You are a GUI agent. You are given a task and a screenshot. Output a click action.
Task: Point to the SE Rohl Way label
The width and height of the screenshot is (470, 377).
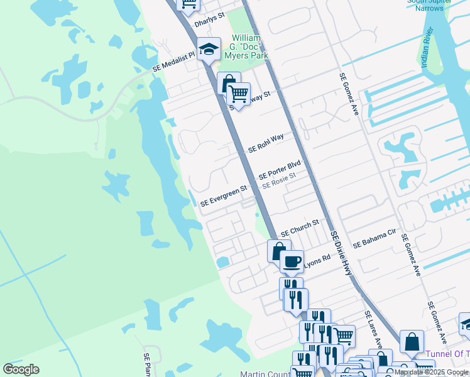click(266, 143)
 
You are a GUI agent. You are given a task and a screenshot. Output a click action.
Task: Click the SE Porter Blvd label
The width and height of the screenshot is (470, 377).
click(280, 170)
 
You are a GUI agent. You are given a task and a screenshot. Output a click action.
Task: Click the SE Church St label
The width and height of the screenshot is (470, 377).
click(300, 227)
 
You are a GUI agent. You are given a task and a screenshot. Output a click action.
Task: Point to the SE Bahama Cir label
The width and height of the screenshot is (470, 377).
click(374, 239)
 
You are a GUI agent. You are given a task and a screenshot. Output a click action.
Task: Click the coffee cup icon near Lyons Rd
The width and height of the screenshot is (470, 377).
click(291, 261)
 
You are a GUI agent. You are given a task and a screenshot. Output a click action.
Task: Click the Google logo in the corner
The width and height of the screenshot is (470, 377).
click(21, 369)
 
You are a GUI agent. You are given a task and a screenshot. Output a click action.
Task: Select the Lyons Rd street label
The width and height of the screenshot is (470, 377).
click(317, 261)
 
